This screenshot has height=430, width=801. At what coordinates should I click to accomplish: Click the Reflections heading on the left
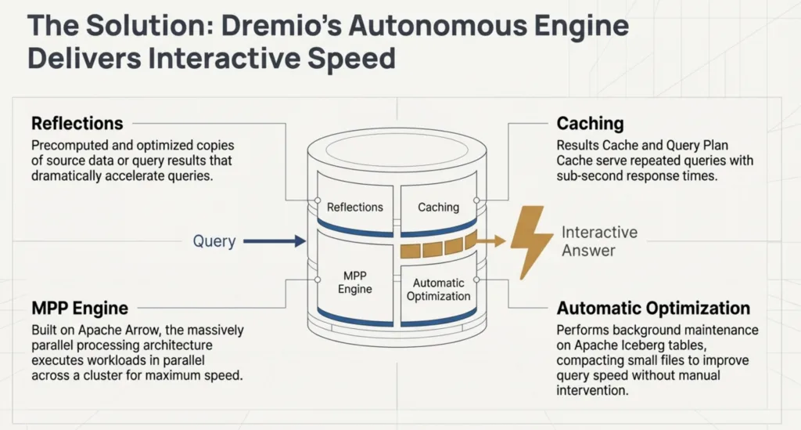tap(77, 124)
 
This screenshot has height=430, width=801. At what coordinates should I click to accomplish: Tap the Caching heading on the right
tap(590, 124)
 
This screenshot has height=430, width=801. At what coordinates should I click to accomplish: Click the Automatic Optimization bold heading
tap(652, 308)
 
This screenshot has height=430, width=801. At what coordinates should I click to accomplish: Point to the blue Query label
tap(214, 241)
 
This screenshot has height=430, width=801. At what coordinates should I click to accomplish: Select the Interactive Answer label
tap(599, 241)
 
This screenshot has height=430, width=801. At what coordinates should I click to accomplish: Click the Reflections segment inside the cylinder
tap(354, 207)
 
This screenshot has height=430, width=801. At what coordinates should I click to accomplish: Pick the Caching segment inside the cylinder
tap(438, 207)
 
